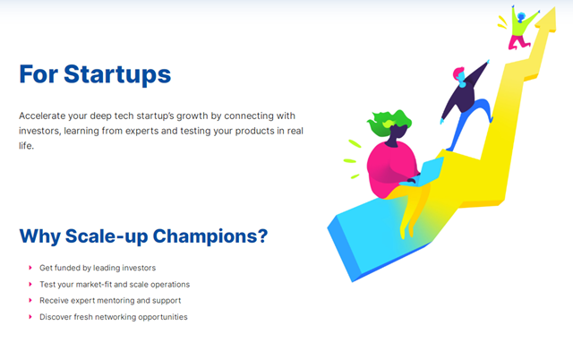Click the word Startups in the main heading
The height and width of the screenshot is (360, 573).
point(117,75)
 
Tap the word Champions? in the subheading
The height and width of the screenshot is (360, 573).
point(210,236)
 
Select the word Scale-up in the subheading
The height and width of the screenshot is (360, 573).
point(107,236)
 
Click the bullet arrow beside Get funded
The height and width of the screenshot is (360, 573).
point(30,268)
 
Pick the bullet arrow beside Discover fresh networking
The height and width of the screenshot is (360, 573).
point(30,317)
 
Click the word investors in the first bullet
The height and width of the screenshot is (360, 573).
point(140,268)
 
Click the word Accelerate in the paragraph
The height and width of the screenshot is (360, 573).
point(42,116)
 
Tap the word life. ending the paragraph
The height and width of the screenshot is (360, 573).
point(26,145)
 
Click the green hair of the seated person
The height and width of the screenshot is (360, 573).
point(389,122)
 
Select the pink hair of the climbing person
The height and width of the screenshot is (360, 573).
point(458,73)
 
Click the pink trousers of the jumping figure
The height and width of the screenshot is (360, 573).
point(518,42)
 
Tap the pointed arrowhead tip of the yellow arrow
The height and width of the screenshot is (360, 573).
point(554,6)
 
